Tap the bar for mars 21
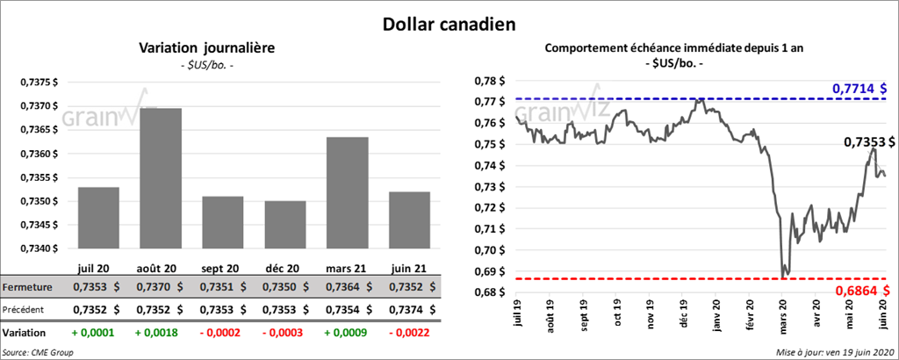click(347, 193)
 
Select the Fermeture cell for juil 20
click(98, 287)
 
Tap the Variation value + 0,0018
click(161, 334)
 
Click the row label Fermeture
click(27, 287)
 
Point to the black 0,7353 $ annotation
click(869, 141)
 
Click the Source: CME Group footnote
click(38, 352)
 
